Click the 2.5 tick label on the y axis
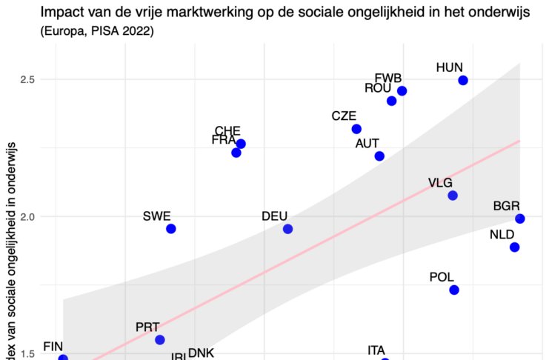pos(27,79)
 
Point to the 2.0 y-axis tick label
pos(27,216)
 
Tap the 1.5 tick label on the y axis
pos(27,354)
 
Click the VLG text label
pos(440,183)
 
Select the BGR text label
pos(506,206)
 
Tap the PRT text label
pos(147,327)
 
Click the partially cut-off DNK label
pos(200,353)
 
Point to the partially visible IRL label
pos(180,357)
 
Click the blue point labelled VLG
pos(453,196)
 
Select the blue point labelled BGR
pos(520,219)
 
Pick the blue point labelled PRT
pos(159,340)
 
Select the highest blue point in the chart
pos(463,80)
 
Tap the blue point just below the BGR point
pos(515,247)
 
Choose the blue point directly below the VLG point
pos(454,290)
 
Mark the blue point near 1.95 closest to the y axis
pos(170,229)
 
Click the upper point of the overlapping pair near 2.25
pos(241,144)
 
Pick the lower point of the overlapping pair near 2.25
pos(236,153)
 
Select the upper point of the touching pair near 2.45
pos(402,91)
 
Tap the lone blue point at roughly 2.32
pos(356,129)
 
